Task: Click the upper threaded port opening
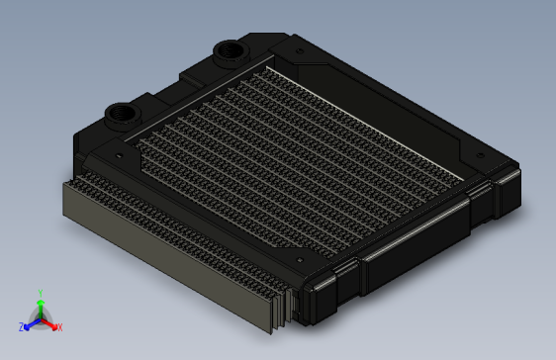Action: coord(230,50)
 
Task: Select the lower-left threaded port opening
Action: coord(123,114)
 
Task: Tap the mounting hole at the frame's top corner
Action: coord(300,51)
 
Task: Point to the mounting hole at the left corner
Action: coord(119,155)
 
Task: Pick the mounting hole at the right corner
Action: coord(481,155)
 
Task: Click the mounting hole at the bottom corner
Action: coord(300,260)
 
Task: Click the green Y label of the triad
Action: coord(41,293)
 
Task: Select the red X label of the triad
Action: coord(60,327)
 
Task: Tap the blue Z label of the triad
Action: coord(22,327)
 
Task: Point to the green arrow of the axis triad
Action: coord(41,309)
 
